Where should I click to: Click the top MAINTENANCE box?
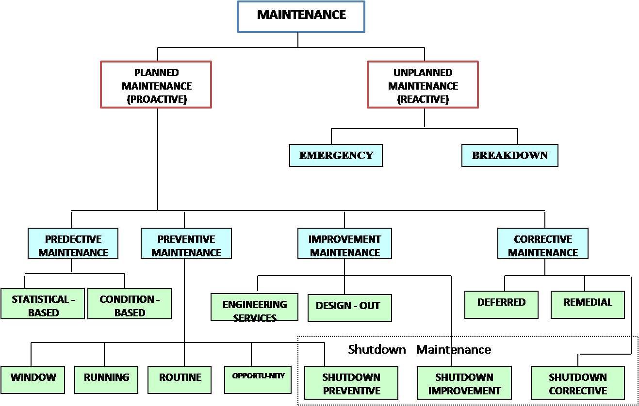[301, 16]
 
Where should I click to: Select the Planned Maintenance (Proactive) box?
[156, 84]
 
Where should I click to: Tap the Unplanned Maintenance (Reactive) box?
[423, 84]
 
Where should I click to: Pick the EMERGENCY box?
[336, 156]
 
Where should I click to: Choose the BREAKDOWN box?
[509, 156]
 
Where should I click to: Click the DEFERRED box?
[501, 305]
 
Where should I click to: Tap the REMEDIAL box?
[588, 305]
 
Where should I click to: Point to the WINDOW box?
[33, 379]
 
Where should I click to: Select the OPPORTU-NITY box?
[258, 379]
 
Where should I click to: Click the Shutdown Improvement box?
[464, 383]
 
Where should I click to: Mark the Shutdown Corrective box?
[577, 383]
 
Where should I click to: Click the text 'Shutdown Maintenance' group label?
[419, 349]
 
